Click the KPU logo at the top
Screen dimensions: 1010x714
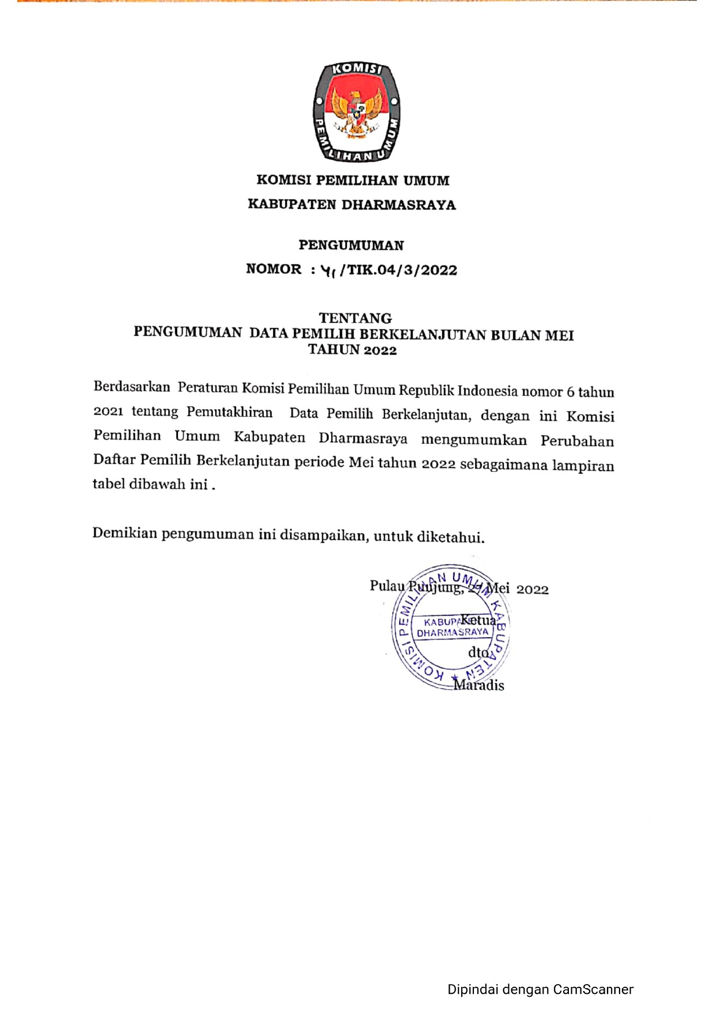[x=356, y=112]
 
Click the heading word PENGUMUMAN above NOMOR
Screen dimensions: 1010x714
[x=351, y=245]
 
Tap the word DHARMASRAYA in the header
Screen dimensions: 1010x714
[x=398, y=205]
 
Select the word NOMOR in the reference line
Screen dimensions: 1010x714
[x=274, y=269]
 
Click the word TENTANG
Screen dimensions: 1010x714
[x=355, y=318]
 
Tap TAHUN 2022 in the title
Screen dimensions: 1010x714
[x=352, y=350]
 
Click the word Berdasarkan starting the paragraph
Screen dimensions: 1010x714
[x=132, y=386]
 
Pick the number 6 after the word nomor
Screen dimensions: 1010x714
[x=570, y=392]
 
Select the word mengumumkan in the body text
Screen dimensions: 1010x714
[x=474, y=440]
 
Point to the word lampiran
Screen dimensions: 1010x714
[x=583, y=466]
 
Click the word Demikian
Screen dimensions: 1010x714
[x=124, y=533]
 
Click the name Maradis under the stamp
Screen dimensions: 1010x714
[x=479, y=685]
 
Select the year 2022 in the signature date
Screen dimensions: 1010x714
[x=533, y=589]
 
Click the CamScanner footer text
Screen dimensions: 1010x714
[x=540, y=989]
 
